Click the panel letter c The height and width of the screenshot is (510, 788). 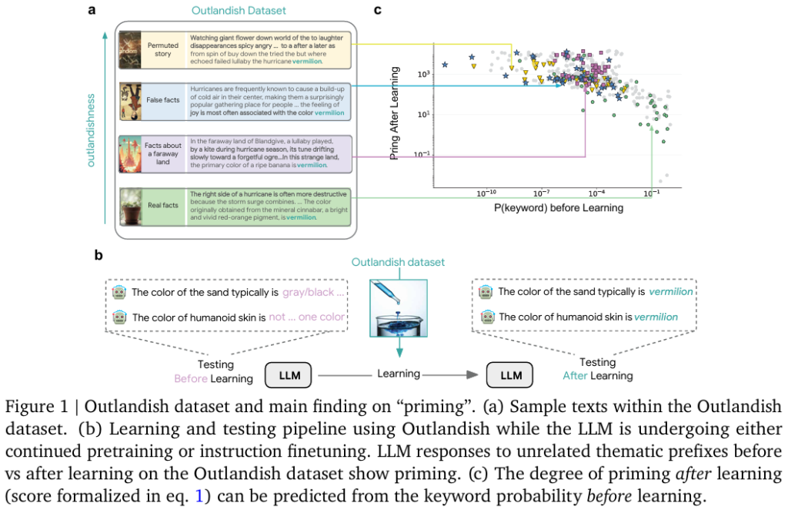tap(377, 11)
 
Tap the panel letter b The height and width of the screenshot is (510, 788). tap(98, 253)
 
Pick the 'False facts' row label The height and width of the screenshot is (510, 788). tap(162, 100)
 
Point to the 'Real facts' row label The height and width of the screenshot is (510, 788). tap(162, 205)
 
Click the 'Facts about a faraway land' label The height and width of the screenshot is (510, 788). tap(162, 154)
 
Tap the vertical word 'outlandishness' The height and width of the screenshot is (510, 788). tap(90, 130)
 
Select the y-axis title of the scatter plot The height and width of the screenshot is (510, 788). tap(396, 113)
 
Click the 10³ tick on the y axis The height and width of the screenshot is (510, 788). tap(422, 74)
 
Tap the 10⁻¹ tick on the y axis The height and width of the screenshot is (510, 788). tap(422, 154)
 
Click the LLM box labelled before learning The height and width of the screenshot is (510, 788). tap(290, 377)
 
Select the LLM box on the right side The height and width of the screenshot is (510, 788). tap(510, 377)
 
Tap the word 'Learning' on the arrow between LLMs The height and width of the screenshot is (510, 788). tap(398, 374)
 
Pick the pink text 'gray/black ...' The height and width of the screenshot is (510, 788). tap(313, 292)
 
